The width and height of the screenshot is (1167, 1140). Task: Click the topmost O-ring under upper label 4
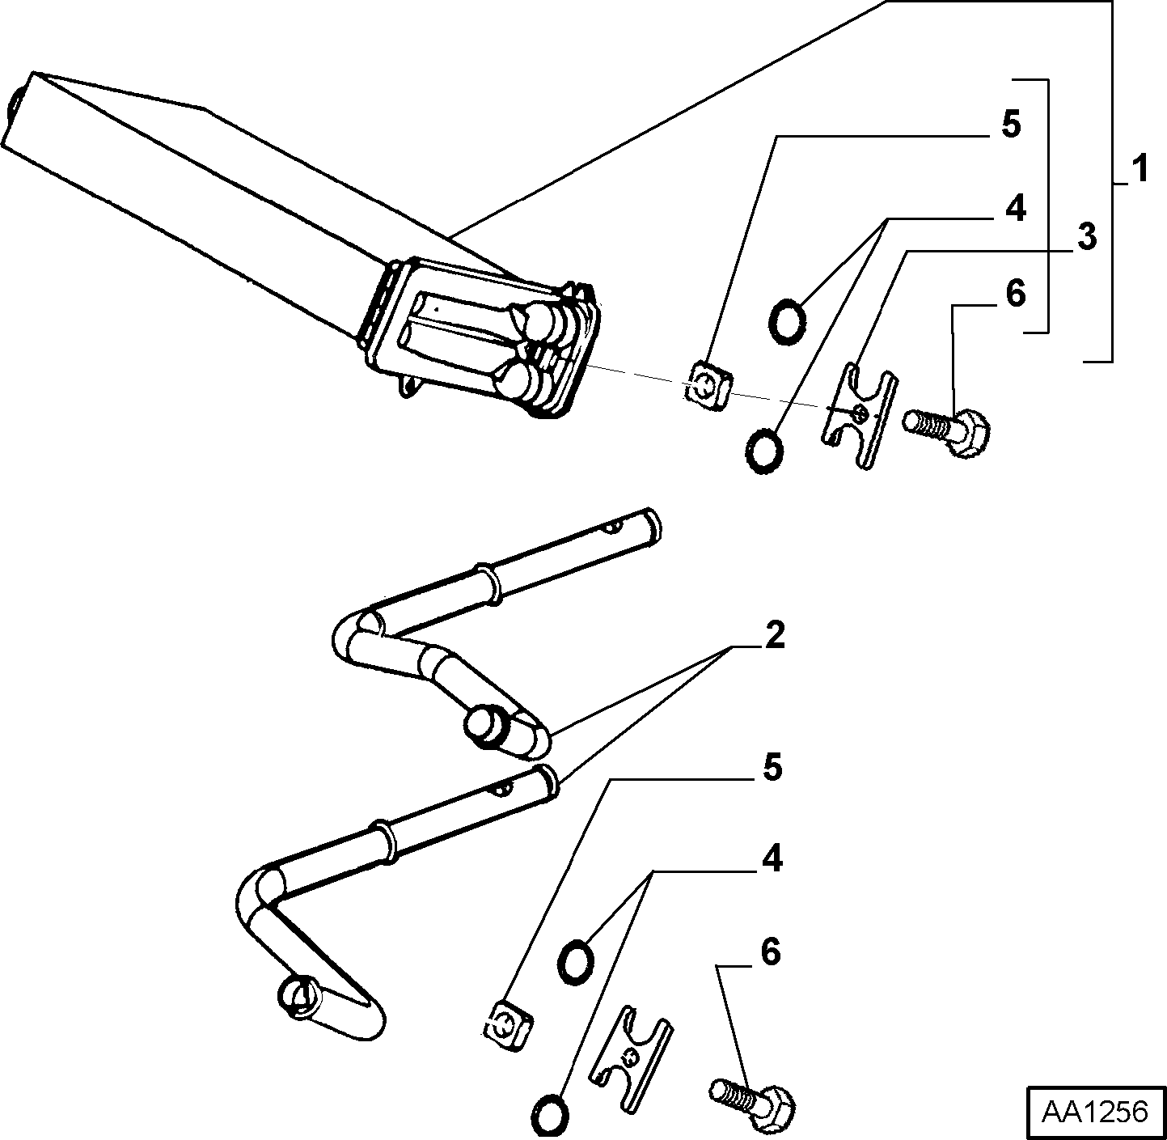coord(786,320)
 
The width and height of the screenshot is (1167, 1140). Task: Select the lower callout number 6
coord(770,952)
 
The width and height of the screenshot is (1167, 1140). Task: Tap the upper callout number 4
coord(1015,207)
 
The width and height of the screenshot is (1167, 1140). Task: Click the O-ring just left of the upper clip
coord(763,450)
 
